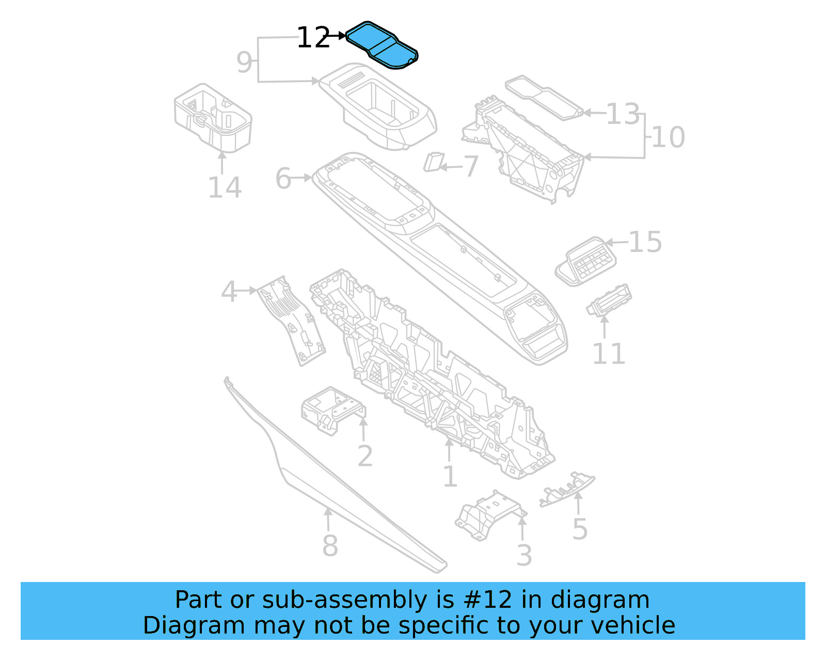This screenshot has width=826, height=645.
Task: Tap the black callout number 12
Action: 313,38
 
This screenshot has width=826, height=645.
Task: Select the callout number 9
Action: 244,62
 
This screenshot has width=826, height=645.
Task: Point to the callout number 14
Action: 225,187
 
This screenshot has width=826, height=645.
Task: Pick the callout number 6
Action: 283,179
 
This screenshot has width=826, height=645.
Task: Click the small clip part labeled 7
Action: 433,162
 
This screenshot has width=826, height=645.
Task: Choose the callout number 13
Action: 623,114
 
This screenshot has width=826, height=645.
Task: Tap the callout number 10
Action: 668,137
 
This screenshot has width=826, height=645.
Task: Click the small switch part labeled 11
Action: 609,300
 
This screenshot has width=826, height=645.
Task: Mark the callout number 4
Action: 229,292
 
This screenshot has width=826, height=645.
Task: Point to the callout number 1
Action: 450,476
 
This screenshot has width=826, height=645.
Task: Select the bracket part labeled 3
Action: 490,514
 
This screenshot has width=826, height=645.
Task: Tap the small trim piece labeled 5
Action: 567,489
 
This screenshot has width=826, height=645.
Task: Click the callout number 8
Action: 330,546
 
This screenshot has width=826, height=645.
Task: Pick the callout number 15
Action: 645,242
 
